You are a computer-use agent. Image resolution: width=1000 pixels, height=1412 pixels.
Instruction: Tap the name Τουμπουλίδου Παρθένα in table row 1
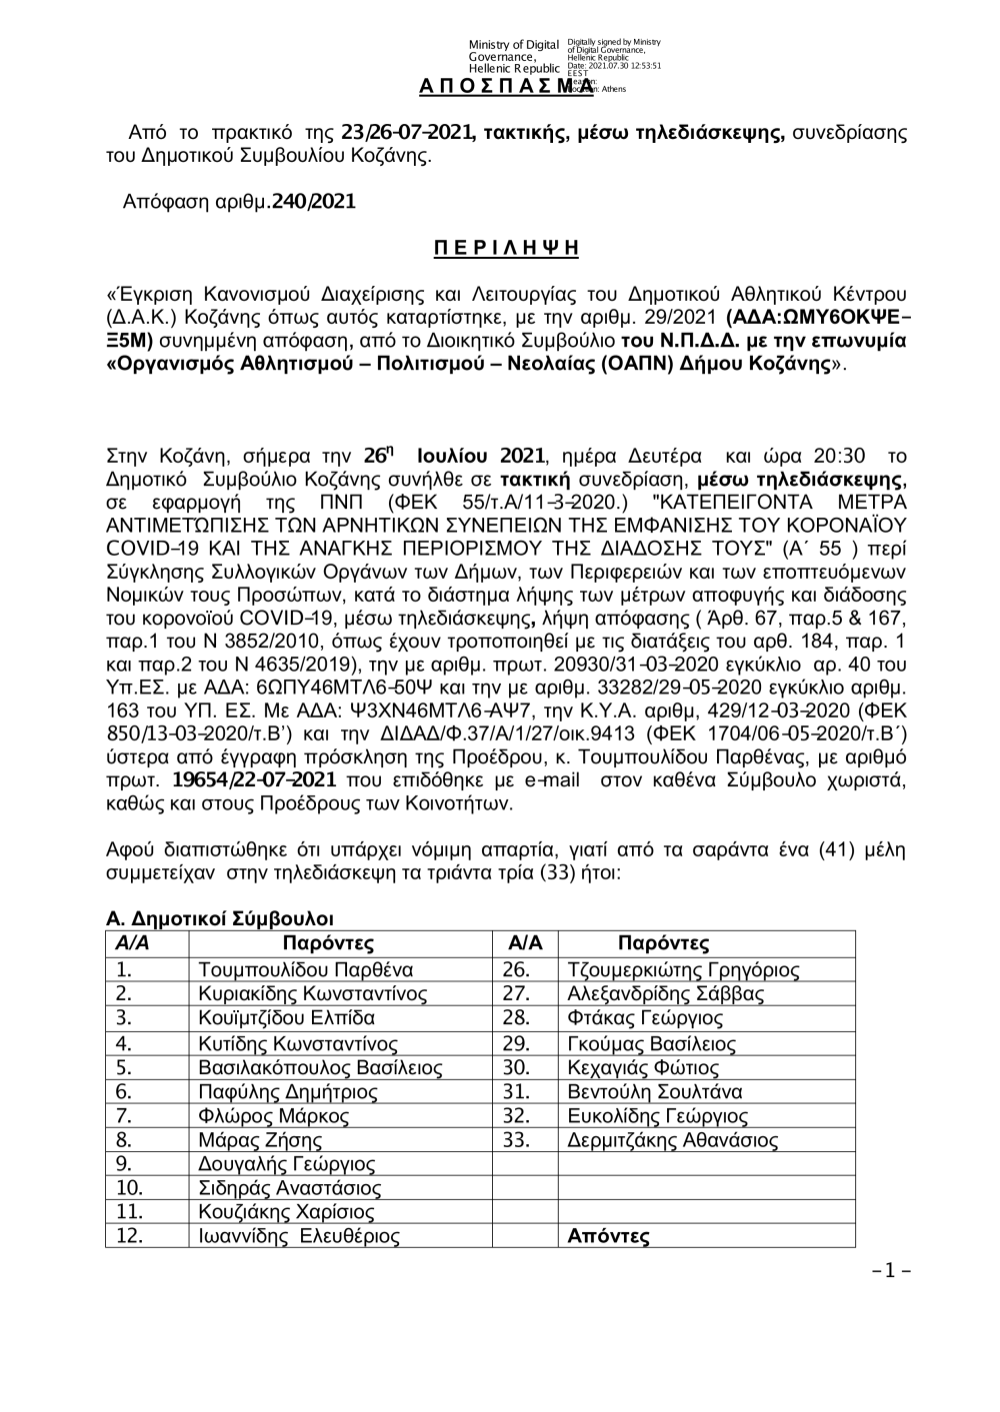pyautogui.click(x=306, y=969)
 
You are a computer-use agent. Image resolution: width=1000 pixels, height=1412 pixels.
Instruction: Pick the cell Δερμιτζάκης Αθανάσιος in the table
pyautogui.click(x=672, y=1140)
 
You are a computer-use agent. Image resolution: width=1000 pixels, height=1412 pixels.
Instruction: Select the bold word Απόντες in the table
pyautogui.click(x=608, y=1237)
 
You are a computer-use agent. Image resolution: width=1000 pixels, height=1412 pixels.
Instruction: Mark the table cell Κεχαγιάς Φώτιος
pyautogui.click(x=643, y=1067)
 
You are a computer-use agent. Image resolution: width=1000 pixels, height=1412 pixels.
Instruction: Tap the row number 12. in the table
pyautogui.click(x=129, y=1237)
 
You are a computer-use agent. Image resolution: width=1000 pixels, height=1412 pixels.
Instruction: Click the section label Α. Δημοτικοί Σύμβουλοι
pyautogui.click(x=220, y=918)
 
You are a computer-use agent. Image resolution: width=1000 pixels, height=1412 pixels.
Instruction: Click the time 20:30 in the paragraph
pyautogui.click(x=840, y=457)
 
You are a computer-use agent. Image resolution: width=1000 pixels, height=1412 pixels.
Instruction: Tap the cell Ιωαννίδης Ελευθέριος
pyautogui.click(x=299, y=1237)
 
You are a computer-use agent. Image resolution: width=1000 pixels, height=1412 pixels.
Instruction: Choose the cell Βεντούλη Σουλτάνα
pyautogui.click(x=654, y=1091)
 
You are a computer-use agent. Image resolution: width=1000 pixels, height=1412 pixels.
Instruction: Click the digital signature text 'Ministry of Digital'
pyautogui.click(x=513, y=45)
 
